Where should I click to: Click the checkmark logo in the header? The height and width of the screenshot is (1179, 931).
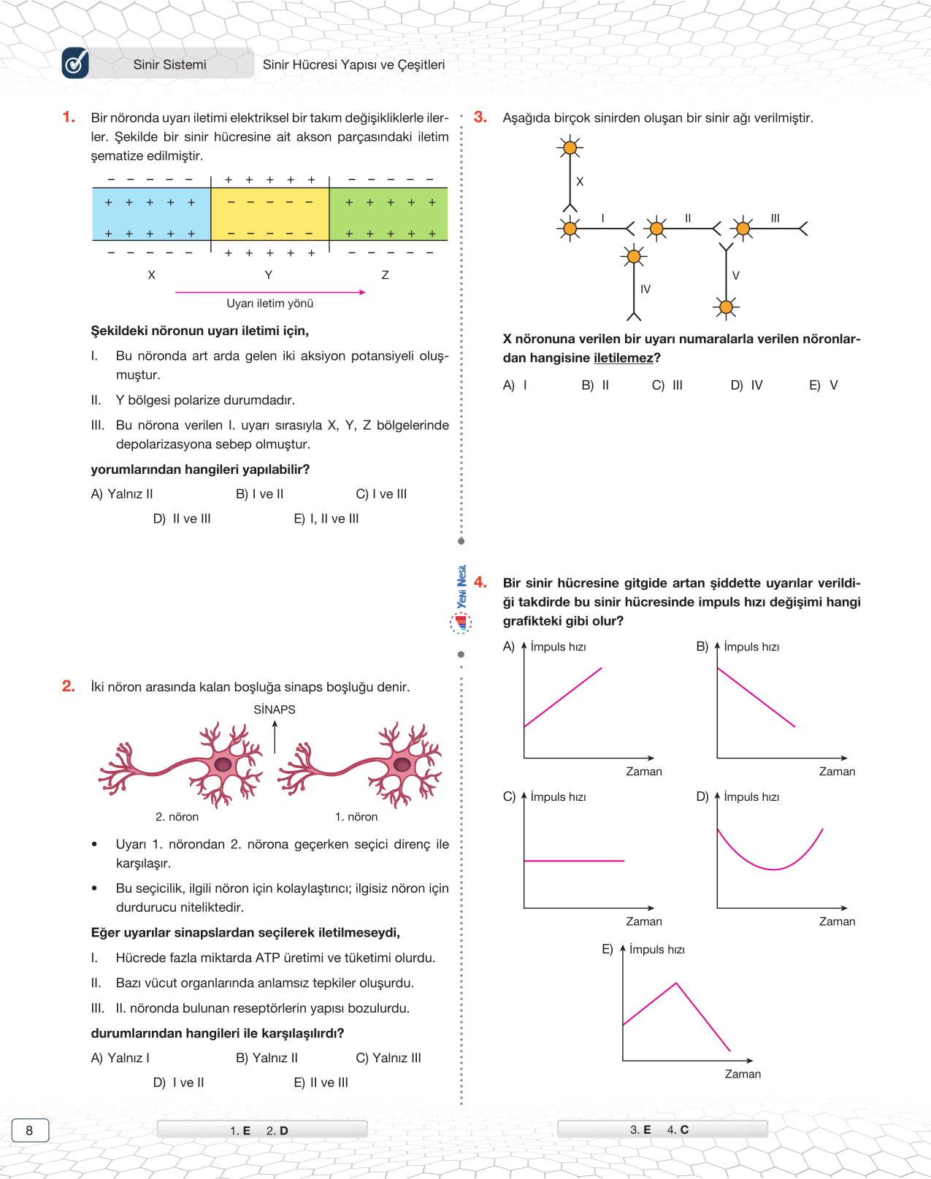[x=75, y=64]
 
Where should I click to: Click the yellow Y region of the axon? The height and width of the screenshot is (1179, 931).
[x=269, y=214]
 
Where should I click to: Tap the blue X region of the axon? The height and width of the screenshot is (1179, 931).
[x=151, y=214]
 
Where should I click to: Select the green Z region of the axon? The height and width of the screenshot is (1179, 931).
[x=388, y=214]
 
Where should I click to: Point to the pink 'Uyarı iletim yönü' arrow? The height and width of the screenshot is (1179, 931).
[x=270, y=292]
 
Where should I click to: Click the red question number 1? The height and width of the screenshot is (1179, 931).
[x=69, y=118]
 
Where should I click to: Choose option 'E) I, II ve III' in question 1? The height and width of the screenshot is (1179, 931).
[x=326, y=519]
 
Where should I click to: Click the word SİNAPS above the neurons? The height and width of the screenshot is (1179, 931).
[x=275, y=710]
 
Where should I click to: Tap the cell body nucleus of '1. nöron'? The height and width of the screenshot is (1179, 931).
[x=402, y=765]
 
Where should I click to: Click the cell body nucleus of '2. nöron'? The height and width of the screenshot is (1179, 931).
[x=223, y=765]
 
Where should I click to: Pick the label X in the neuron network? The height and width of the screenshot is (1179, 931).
[x=580, y=182]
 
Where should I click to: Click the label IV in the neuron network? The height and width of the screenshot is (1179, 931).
[x=645, y=290]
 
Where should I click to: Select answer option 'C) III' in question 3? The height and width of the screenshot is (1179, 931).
[x=667, y=385]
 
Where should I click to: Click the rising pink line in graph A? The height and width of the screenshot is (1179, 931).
[x=563, y=697]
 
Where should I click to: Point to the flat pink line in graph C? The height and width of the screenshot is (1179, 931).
[x=574, y=861]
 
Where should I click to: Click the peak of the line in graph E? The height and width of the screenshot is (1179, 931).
[x=676, y=983]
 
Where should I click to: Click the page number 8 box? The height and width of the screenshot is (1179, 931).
[x=30, y=1130]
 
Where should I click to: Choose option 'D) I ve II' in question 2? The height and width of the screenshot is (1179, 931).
[x=179, y=1083]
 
